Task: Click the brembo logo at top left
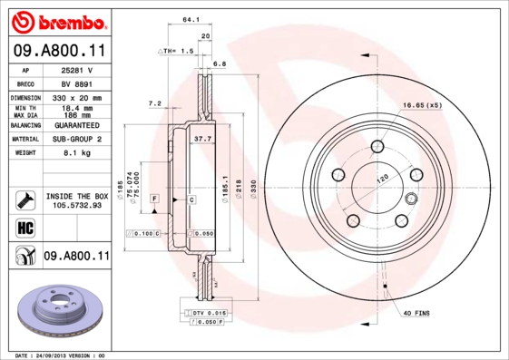pyautogui.click(x=55, y=20)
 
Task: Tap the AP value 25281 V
pyautogui.click(x=77, y=69)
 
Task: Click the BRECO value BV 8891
pyautogui.click(x=77, y=82)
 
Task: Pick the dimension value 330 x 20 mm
pyautogui.click(x=77, y=96)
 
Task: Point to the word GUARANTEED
pyautogui.click(x=77, y=125)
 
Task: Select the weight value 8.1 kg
pyautogui.click(x=77, y=154)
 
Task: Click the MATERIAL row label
pyautogui.click(x=24, y=140)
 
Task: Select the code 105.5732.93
pyautogui.click(x=77, y=205)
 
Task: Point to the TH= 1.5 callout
pyautogui.click(x=178, y=52)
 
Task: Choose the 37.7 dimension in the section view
pyautogui.click(x=203, y=139)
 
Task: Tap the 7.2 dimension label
pyautogui.click(x=153, y=103)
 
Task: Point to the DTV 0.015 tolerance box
pyautogui.click(x=207, y=312)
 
